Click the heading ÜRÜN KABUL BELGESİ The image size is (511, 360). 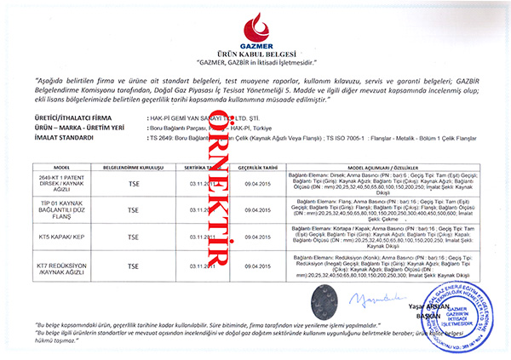click(255, 53)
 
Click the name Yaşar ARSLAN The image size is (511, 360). click(423, 305)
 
